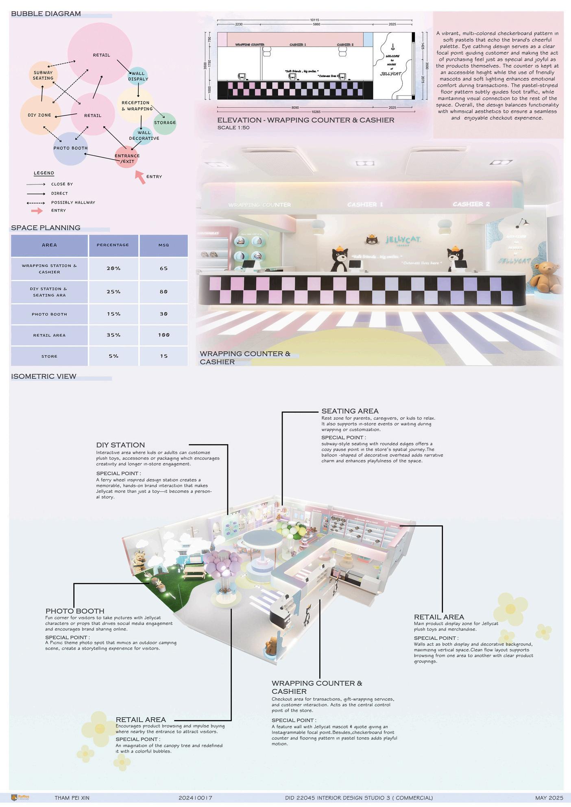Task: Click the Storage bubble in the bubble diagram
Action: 165,123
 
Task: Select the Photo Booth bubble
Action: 70,148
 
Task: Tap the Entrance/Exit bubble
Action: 126,158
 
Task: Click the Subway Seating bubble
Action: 43,75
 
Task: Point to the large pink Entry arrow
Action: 140,177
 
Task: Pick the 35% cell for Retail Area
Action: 113,335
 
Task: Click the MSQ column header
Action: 163,245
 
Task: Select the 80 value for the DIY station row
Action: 163,292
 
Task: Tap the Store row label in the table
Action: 49,356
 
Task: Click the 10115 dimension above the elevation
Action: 314,20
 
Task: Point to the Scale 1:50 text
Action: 233,128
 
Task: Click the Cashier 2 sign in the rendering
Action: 471,204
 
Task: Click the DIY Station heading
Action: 120,445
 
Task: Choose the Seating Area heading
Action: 350,411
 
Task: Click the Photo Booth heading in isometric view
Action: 75,611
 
